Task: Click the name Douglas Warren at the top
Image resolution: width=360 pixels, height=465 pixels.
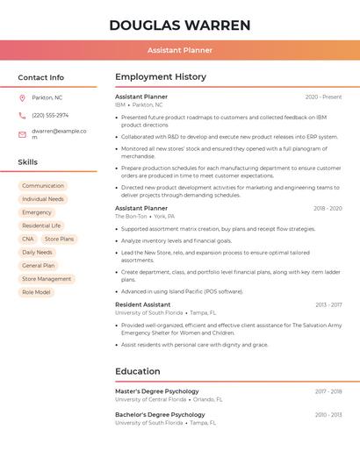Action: pos(180,25)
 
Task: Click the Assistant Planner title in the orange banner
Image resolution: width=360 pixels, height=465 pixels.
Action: pos(180,51)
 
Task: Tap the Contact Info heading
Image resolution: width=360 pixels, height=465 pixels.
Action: pos(41,77)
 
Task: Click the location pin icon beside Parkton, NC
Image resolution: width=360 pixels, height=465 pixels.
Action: pos(22,97)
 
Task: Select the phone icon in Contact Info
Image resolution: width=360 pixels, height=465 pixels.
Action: pos(22,115)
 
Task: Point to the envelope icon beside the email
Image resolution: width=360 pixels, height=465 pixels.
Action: pos(22,134)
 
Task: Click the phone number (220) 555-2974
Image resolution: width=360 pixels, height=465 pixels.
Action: pos(50,115)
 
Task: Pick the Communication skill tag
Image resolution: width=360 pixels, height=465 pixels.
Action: pos(43,186)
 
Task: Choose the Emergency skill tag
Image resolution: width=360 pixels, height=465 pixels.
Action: pos(37,212)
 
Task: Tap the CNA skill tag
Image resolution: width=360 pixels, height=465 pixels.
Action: pos(28,239)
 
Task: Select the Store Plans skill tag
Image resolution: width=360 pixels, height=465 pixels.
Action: pos(60,239)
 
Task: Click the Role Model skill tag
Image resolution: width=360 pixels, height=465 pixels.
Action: pos(36,292)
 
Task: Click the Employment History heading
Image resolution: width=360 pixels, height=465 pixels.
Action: pos(161,77)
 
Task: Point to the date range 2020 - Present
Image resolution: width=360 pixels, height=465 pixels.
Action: pos(323,97)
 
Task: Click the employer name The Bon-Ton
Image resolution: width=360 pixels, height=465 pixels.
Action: pos(131,216)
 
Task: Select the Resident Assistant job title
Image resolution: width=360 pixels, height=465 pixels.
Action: pos(143,304)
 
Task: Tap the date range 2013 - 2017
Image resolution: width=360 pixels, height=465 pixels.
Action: pos(328,304)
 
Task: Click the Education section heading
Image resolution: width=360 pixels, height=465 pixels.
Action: pos(138,371)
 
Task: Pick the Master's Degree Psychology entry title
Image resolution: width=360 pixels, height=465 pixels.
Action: pos(157,391)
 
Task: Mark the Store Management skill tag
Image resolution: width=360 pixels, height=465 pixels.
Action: pos(47,279)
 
